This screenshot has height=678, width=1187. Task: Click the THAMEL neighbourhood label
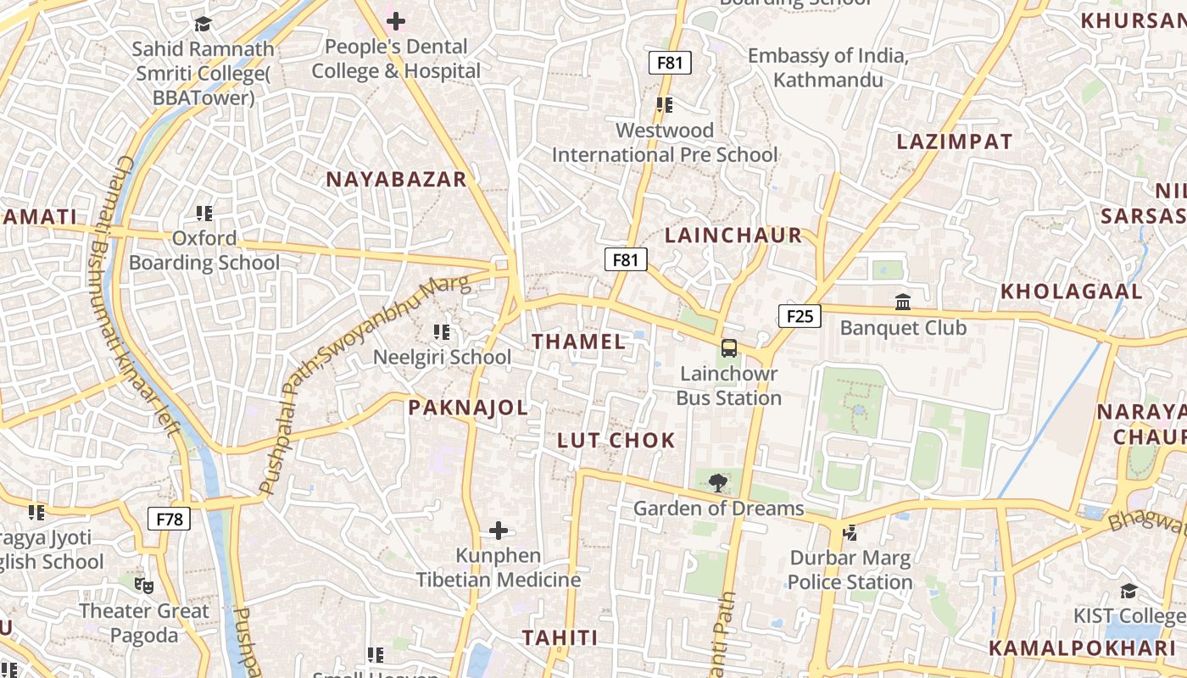tap(579, 342)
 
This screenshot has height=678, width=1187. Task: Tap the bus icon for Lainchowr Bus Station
tap(729, 348)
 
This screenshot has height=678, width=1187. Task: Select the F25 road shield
tap(800, 317)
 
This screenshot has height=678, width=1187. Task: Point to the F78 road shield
tap(170, 520)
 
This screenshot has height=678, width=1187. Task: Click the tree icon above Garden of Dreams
tap(718, 483)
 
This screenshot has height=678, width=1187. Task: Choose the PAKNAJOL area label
tap(468, 408)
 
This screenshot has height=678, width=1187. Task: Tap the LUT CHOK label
tap(616, 441)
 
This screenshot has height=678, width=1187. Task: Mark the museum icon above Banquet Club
tap(903, 303)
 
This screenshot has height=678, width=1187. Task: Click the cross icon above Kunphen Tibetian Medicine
tap(499, 531)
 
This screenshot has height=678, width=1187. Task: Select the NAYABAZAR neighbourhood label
tap(397, 180)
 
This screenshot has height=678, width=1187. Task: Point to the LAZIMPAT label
tap(955, 142)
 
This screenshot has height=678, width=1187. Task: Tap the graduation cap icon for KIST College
tap(1128, 591)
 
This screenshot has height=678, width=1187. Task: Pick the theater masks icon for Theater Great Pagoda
tap(144, 585)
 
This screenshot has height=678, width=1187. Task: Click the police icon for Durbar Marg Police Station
tap(850, 533)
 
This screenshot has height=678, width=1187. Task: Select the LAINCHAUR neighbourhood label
tap(733, 236)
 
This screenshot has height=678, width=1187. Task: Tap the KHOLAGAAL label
tap(1072, 292)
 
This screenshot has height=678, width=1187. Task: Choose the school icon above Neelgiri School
tap(442, 332)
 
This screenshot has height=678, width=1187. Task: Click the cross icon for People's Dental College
tap(396, 21)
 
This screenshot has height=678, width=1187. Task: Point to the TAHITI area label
tap(560, 638)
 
